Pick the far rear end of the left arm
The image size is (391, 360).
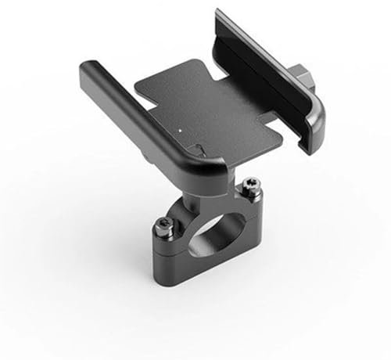click(x=88, y=74)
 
